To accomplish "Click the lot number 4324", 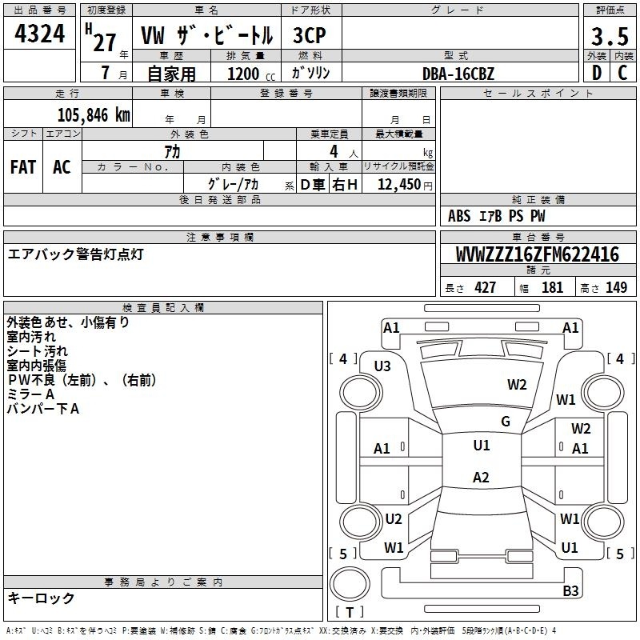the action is (x=39, y=34).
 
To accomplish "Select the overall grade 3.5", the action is (x=610, y=36).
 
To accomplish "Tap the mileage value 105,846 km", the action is (x=94, y=115).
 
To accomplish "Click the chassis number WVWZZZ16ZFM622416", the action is (x=537, y=254).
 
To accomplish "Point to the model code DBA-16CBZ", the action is (x=458, y=74).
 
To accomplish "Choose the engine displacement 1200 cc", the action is (x=251, y=74).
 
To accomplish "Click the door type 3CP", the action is (x=310, y=35).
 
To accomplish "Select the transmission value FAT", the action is (x=23, y=167).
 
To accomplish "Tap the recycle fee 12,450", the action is (x=399, y=185).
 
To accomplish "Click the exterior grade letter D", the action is (x=597, y=73).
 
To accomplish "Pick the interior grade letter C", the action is (x=622, y=73).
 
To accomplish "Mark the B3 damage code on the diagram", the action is (x=570, y=590).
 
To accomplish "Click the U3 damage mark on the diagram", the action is (x=382, y=366).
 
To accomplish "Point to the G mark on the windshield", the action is (x=506, y=421).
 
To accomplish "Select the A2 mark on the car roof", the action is (x=481, y=477).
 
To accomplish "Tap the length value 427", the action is (x=485, y=287).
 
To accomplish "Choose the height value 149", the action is (x=616, y=287).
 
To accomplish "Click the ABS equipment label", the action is (x=459, y=216).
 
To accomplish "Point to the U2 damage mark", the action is (x=394, y=518).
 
